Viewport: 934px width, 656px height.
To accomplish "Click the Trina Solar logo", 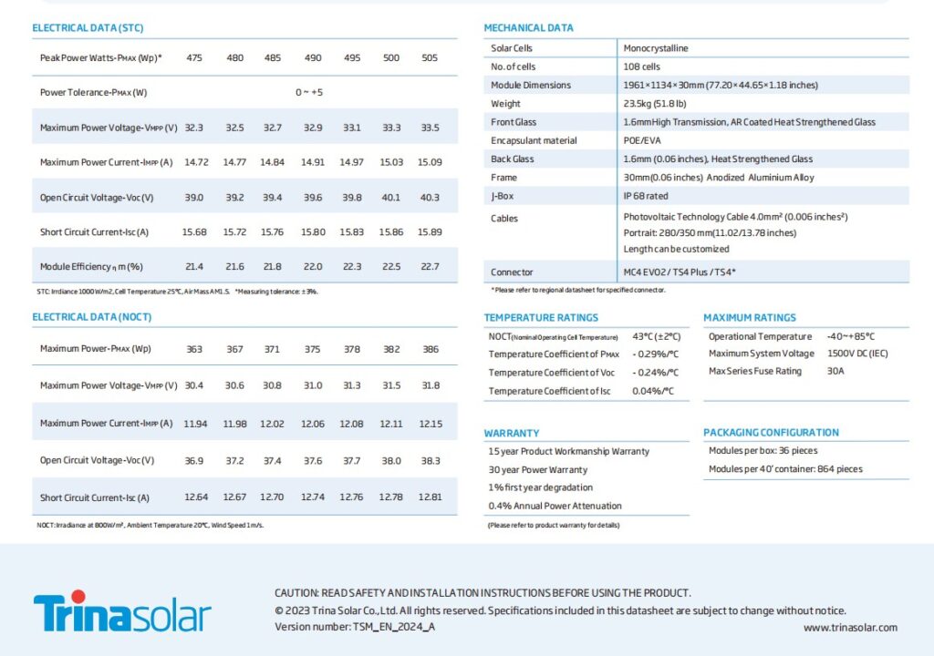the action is [122, 611].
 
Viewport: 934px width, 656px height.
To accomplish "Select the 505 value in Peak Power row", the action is [430, 57].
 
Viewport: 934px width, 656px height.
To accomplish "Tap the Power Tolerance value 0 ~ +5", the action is [309, 92].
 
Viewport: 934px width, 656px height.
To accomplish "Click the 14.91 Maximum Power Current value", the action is [313, 162].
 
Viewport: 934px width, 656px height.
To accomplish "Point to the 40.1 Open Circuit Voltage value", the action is [390, 197].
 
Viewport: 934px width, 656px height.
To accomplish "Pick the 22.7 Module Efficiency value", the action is [431, 267].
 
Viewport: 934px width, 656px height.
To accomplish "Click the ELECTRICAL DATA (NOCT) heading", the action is [92, 317].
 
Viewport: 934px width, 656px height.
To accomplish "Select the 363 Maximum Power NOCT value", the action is [194, 349].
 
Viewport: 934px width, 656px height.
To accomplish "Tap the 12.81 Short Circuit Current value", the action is [431, 497].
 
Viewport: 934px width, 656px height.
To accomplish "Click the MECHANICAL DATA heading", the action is [528, 28].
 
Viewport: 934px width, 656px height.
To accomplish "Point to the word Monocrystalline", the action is [655, 48].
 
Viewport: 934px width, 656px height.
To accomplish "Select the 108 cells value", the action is [641, 67].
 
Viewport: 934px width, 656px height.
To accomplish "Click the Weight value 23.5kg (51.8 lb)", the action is [655, 104].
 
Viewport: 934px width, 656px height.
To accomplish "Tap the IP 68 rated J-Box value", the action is [646, 196].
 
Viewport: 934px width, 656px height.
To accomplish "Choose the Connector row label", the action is [512, 272].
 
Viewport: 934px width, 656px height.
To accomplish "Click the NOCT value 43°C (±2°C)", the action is [657, 336].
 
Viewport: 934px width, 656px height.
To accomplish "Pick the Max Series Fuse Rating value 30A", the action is [835, 371].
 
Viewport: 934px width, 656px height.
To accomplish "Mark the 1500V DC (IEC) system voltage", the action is [857, 354].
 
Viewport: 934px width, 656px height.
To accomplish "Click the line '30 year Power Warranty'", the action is [538, 469].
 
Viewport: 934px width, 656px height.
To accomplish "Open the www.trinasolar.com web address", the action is [850, 628].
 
